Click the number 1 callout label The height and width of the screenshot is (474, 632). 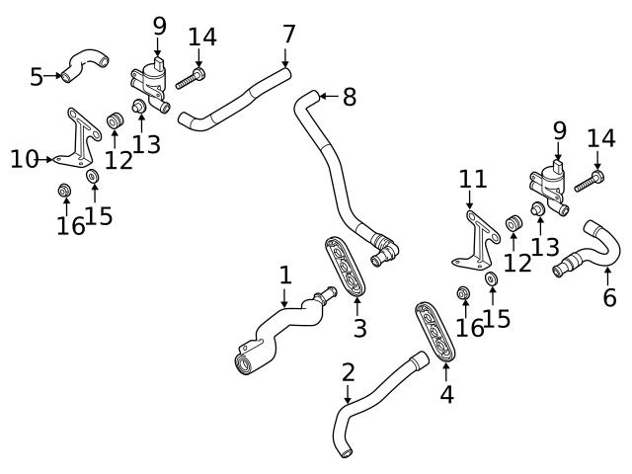click(285, 275)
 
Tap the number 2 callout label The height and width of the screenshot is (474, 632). click(348, 372)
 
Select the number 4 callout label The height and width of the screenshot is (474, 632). click(446, 394)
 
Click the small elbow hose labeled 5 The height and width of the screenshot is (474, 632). click(84, 66)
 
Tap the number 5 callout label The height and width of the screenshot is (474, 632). click(37, 76)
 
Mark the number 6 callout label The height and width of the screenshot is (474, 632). click(609, 295)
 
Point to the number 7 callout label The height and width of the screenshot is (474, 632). click(288, 34)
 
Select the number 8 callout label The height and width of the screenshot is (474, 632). click(349, 97)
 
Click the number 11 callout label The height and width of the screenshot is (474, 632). click(473, 180)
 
